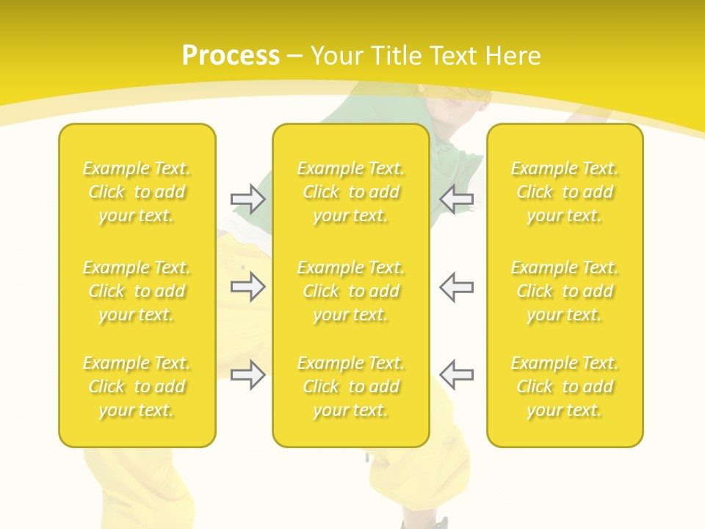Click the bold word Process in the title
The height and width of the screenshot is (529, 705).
tap(231, 56)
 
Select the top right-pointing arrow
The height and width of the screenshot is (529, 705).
tap(247, 198)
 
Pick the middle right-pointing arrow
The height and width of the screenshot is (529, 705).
tap(247, 287)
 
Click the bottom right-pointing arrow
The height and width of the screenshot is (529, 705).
tap(247, 375)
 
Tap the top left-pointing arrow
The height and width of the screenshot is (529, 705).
tap(456, 198)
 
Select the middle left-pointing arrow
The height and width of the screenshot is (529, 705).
tap(456, 287)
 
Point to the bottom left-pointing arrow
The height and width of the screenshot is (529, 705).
tap(456, 375)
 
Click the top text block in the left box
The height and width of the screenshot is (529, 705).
tap(137, 192)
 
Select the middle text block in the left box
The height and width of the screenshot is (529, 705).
tap(137, 291)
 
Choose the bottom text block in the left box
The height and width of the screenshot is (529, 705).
tap(137, 386)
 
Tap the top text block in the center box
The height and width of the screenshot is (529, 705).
tap(351, 192)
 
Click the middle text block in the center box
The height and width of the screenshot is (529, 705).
tap(351, 291)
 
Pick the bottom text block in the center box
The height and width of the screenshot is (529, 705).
tap(351, 386)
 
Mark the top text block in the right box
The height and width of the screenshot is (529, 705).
tap(565, 192)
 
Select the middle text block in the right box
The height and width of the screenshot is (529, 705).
tap(565, 291)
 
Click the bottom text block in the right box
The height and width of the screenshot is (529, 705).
tap(565, 386)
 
